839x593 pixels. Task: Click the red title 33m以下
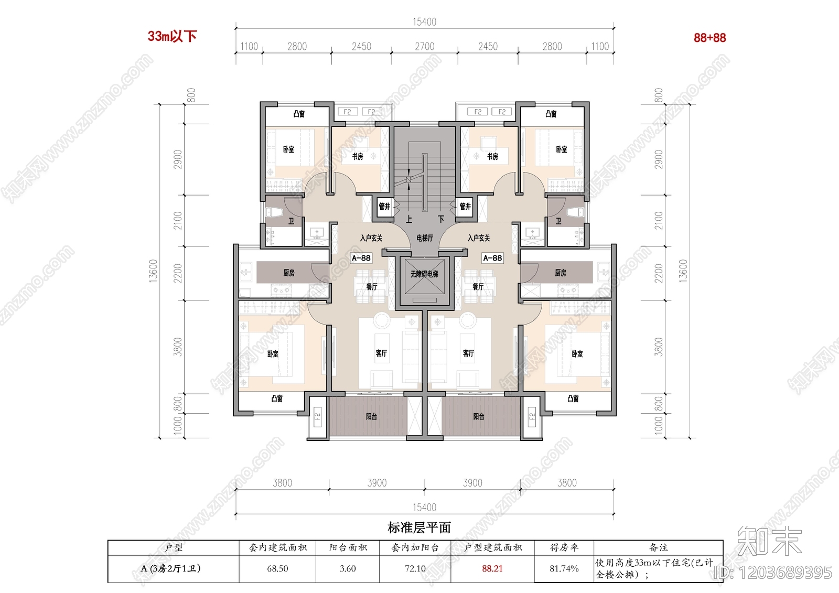(x=172, y=36)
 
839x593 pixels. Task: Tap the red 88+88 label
(x=709, y=38)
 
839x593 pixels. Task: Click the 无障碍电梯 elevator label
(x=424, y=274)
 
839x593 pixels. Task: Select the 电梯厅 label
(x=425, y=238)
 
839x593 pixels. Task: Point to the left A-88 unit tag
(x=361, y=258)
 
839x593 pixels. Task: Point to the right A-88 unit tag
(x=492, y=258)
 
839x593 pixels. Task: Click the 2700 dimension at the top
(x=424, y=47)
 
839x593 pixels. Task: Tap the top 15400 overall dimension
(x=424, y=22)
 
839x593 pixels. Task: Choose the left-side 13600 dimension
(x=153, y=271)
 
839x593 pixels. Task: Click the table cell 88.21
(x=492, y=569)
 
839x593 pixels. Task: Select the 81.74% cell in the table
(x=564, y=569)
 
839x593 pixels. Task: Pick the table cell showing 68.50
(x=277, y=569)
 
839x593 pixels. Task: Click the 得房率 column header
(x=564, y=548)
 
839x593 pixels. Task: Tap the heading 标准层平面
(x=419, y=528)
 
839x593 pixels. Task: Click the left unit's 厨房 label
(x=289, y=273)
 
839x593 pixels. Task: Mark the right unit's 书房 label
(x=492, y=156)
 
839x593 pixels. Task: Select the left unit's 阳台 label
(x=371, y=416)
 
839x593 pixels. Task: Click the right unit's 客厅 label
(x=468, y=353)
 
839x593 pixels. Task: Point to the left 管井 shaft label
(x=384, y=207)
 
